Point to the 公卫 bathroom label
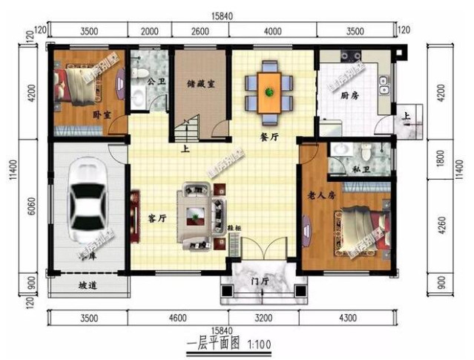tap(157, 82)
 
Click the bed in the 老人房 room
tap(362, 227)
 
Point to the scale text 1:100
tap(258, 344)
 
